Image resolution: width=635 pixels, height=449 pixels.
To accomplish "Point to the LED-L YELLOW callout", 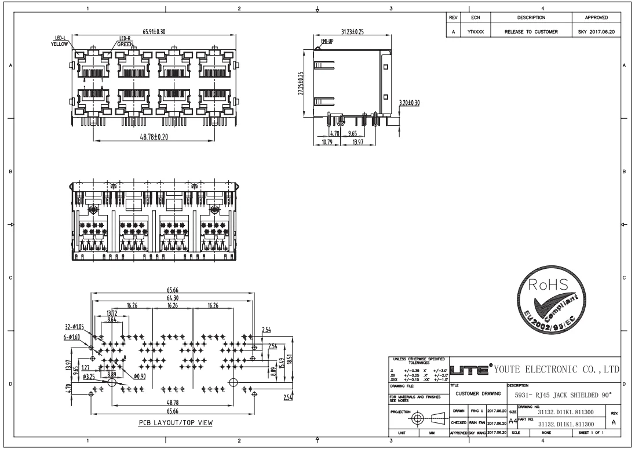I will tap(59, 41).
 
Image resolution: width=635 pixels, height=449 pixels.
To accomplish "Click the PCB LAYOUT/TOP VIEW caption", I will tap(176, 422).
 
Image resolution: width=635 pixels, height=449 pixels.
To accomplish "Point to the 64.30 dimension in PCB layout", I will tap(172, 298).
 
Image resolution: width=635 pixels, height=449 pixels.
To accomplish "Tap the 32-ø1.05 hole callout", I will tap(75, 327).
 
